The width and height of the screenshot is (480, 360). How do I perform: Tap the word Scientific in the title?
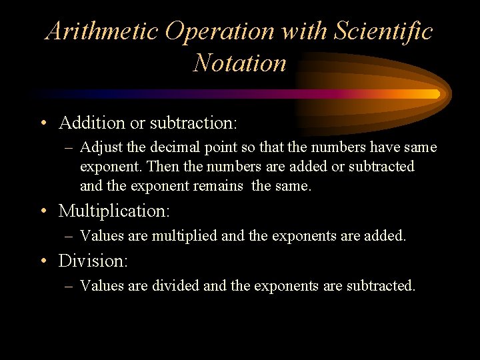[383, 31]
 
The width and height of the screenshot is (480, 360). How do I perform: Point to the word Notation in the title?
[239, 63]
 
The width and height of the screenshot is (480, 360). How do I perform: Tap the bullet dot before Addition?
[43, 123]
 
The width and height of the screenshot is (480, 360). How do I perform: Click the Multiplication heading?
[114, 211]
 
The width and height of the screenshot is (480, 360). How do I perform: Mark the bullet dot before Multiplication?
[43, 212]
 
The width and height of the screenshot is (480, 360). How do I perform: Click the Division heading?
[93, 261]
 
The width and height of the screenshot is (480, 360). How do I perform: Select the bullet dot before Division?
[43, 261]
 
